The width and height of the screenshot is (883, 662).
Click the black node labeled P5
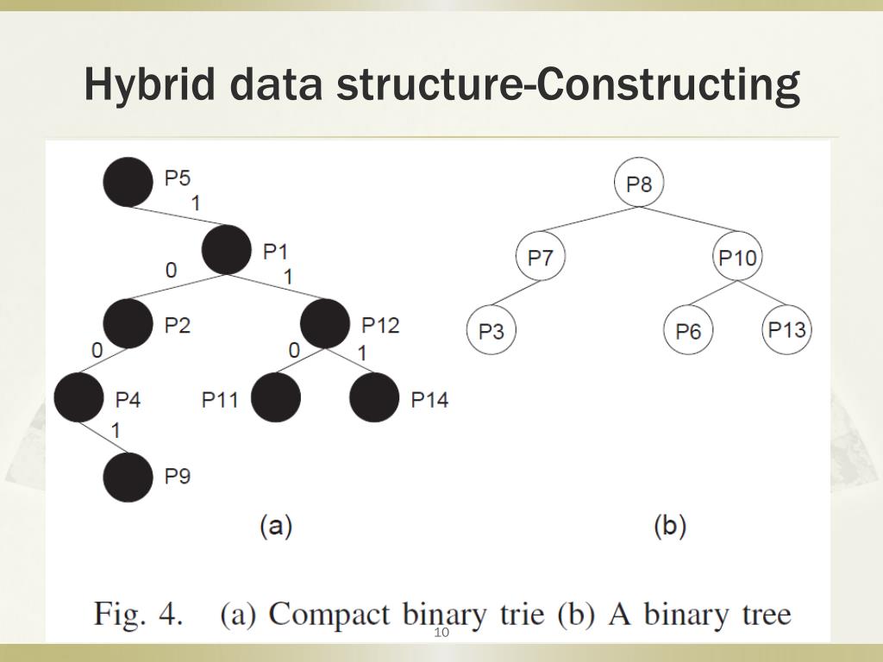tap(128, 183)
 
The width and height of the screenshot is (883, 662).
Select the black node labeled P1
tap(227, 250)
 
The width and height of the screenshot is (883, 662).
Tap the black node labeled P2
tap(128, 324)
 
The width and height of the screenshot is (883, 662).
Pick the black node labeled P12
tap(325, 324)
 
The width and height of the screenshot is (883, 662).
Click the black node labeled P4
tap(78, 398)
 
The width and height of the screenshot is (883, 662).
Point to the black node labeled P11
tap(276, 398)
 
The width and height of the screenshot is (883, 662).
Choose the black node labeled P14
tap(374, 398)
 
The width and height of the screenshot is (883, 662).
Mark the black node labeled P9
tap(128, 476)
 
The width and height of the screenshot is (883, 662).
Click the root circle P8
tap(639, 183)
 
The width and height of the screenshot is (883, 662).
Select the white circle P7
tap(541, 257)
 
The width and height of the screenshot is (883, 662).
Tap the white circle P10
tap(738, 257)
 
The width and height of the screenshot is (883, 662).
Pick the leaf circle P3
tap(491, 331)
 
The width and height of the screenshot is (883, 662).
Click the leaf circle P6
tap(688, 331)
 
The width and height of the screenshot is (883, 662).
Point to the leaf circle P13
tap(787, 329)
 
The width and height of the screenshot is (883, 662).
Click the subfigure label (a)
tap(276, 526)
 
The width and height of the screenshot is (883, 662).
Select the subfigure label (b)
tap(670, 526)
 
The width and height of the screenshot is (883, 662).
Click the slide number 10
tap(441, 634)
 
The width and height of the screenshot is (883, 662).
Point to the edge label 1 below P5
tap(196, 203)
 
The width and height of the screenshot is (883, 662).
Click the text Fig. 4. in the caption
tap(138, 615)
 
